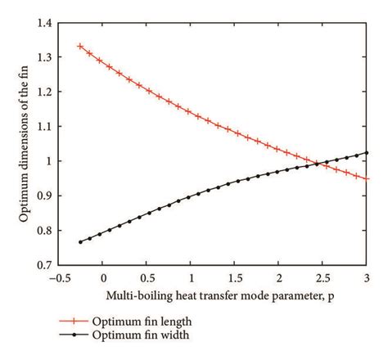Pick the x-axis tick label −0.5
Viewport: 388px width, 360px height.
click(59, 278)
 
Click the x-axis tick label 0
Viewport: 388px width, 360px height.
click(103, 278)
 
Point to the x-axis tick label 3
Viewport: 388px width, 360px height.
click(367, 278)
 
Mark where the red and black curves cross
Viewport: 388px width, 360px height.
click(318, 164)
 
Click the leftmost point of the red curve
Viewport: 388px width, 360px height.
click(80, 46)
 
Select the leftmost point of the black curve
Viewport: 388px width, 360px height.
click(80, 242)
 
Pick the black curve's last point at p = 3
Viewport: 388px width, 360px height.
click(366, 153)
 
